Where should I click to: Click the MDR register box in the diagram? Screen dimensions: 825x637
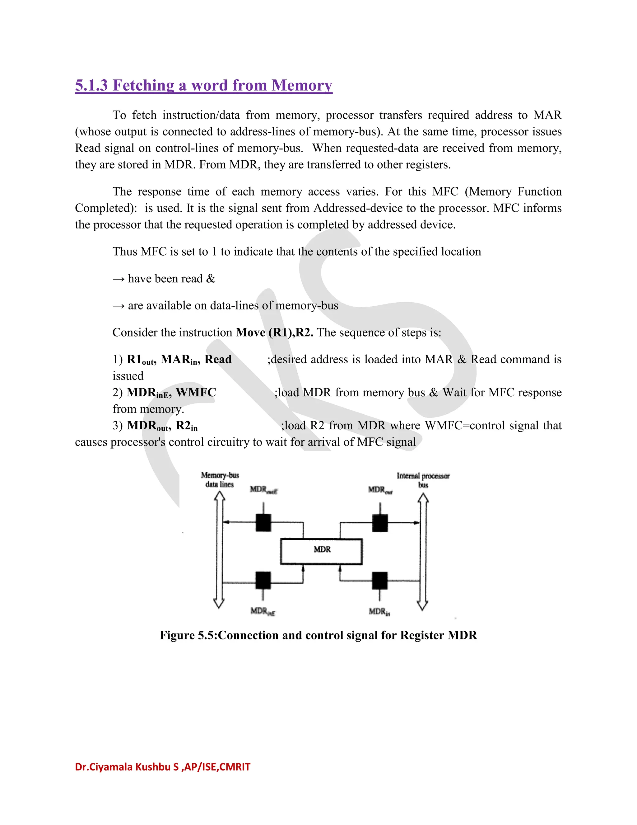pos(321,552)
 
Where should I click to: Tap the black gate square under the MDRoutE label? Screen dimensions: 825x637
pos(263,523)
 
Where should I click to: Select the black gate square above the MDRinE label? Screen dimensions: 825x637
pos(263,580)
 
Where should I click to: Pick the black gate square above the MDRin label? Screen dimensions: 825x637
pos(380,580)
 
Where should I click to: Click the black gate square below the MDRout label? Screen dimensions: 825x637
pos(380,523)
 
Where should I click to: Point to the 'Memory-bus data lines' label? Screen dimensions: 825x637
pos(220,479)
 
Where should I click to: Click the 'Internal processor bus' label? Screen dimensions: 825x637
pos(423,480)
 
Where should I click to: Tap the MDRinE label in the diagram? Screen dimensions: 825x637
pos(263,611)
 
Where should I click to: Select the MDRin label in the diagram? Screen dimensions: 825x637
pos(379,611)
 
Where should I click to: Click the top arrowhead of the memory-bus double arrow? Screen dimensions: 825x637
pos(219,497)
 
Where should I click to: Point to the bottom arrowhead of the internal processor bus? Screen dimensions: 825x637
pos(423,605)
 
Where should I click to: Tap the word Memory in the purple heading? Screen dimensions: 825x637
pos(302,85)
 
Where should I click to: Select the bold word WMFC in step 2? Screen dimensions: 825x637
pos(196,393)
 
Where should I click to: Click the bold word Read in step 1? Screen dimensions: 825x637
pos(218,359)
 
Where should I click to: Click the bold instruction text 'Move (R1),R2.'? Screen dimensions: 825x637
pos(274,332)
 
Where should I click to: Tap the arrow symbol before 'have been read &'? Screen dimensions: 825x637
pos(118,279)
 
